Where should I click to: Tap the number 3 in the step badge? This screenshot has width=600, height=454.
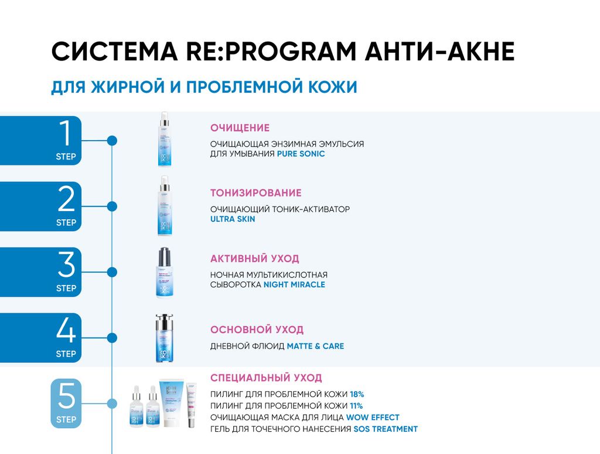click(66, 265)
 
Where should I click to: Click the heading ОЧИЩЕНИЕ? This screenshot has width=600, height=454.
click(240, 128)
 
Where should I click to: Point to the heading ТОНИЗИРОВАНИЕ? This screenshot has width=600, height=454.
click(255, 193)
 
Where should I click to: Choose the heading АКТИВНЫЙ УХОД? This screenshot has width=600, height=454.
click(254, 259)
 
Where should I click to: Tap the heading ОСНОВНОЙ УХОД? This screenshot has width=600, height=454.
click(257, 330)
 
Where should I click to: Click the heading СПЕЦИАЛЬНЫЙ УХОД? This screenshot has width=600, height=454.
click(266, 378)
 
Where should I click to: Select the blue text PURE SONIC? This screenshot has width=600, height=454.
click(301, 154)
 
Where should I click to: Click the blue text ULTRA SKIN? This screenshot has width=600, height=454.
click(233, 219)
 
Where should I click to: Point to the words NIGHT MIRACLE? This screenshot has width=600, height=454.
click(294, 284)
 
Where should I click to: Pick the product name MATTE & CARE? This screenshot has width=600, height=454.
click(315, 346)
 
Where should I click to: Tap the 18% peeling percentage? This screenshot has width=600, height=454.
click(357, 394)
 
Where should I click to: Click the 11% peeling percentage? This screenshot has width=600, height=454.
click(356, 406)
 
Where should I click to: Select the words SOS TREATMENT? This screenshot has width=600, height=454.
click(386, 429)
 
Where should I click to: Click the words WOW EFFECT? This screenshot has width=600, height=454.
click(373, 418)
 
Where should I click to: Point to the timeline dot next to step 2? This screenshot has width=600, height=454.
click(112, 206)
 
